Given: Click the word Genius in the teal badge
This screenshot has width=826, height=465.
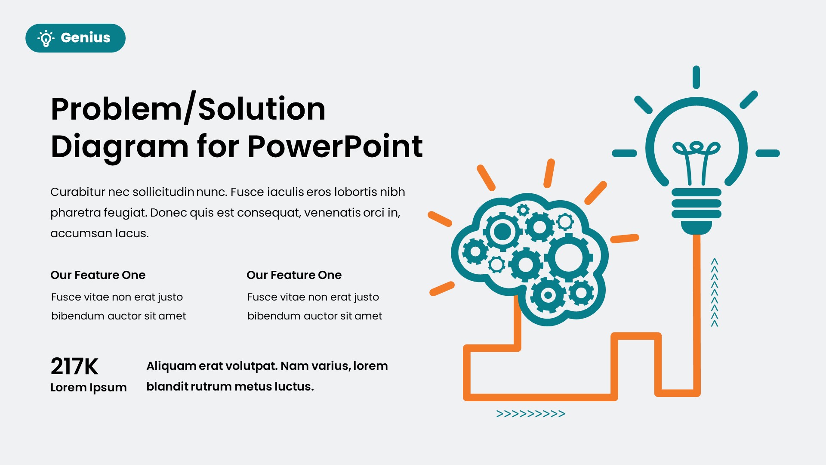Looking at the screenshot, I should coord(86,38).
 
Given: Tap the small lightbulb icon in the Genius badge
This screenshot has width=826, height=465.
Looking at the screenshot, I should coord(46,38).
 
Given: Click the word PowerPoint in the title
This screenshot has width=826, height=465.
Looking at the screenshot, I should coord(335,146).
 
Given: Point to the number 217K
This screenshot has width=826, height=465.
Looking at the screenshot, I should coord(74,366).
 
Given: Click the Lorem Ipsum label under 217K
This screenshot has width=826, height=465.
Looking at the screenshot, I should coord(88,387).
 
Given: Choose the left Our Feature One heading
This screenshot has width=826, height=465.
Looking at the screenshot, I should coord(98,275).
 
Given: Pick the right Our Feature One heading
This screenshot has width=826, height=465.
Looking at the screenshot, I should coord(294,275).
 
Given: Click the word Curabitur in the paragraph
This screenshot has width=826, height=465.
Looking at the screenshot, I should coord(77,192).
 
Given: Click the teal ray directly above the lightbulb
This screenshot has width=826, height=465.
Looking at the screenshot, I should coord(696,77).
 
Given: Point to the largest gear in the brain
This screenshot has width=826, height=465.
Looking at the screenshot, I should coord(568,258).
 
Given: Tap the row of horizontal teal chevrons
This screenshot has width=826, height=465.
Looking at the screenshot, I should coord(530,414).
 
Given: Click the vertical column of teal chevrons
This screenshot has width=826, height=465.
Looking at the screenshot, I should coord(715,292).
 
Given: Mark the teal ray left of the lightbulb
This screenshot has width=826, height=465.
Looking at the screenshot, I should coord(624,153).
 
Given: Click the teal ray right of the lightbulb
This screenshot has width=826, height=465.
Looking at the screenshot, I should coord(768,153).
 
